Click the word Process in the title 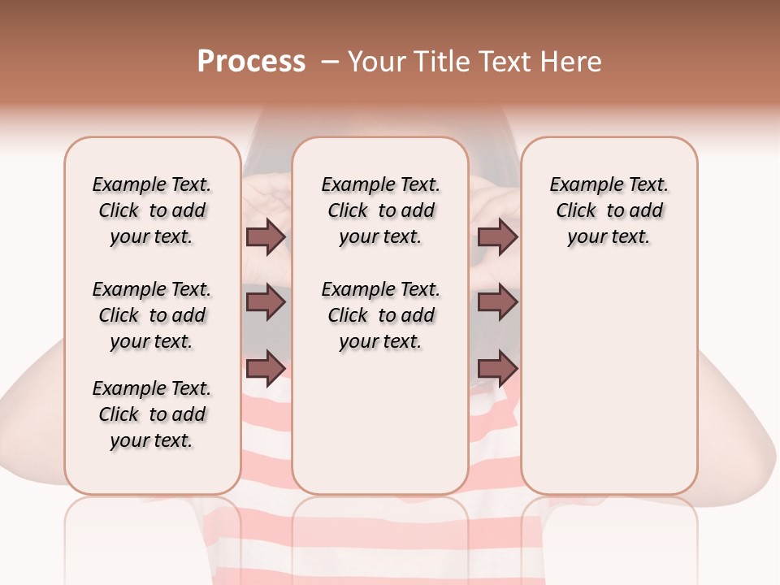coord(251,62)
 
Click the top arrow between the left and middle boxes coord(266,237)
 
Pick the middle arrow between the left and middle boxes coord(266,302)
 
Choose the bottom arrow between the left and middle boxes coord(266,367)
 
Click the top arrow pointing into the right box coord(497,237)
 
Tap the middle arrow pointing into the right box coord(497,302)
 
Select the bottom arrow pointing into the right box coord(497,367)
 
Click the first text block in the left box coord(152,210)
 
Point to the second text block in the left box coord(152,315)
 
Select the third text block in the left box coord(152,414)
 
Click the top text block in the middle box coord(380,210)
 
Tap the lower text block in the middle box coord(380,315)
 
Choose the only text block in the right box coord(609,210)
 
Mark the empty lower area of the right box coord(609,374)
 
